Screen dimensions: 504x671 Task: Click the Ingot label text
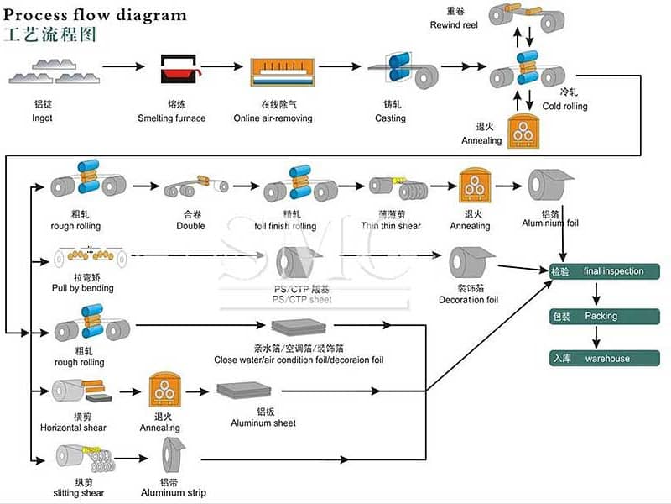(x=42, y=118)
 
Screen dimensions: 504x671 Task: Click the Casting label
(x=390, y=118)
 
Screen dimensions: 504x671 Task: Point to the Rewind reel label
(x=453, y=25)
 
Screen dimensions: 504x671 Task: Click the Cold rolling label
(x=564, y=106)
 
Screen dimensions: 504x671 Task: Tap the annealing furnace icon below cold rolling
(x=524, y=131)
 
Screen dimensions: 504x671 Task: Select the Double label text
(x=190, y=225)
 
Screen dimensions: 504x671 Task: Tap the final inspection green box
(x=605, y=271)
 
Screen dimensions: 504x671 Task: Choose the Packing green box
(x=605, y=317)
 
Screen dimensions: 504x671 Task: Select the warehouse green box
(x=605, y=359)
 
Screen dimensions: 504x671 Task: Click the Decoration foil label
(x=468, y=299)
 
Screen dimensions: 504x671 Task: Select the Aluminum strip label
(x=174, y=492)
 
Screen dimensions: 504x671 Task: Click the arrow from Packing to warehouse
(x=595, y=338)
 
